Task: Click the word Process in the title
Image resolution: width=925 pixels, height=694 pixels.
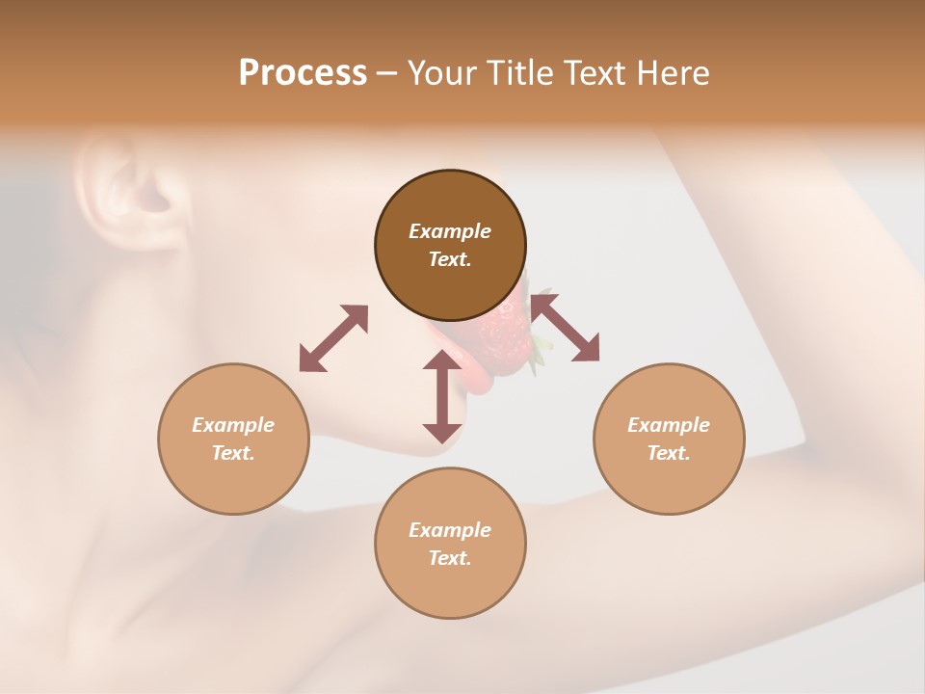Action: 303,73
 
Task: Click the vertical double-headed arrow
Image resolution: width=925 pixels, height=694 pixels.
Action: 442,397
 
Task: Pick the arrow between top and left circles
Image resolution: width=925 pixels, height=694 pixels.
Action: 333,338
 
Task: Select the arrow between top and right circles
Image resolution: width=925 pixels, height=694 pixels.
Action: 566,329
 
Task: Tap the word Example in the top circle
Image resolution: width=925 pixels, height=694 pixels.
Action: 450,231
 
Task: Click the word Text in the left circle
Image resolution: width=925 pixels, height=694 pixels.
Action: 233,453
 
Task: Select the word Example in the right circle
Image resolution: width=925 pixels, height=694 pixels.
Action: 669,425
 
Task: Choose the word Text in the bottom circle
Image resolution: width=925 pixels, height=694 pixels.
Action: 450,558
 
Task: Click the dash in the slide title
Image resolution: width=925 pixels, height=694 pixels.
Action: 386,73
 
